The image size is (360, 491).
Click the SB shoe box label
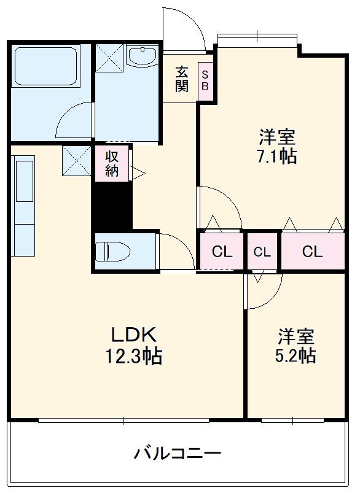tap(205, 79)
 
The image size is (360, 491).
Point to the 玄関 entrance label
tap(181, 78)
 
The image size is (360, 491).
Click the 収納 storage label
tap(111, 163)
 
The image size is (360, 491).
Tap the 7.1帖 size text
tap(278, 157)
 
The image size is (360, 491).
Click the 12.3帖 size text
tap(136, 356)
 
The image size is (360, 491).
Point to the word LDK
tap(135, 335)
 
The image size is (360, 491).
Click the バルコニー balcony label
tap(178, 455)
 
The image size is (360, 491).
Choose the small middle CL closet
tap(262, 251)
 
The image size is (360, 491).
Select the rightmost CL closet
tap(312, 251)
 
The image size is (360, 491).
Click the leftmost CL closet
tap(222, 251)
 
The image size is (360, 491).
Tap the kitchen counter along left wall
tap(25, 206)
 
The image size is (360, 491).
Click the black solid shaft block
tap(112, 206)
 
